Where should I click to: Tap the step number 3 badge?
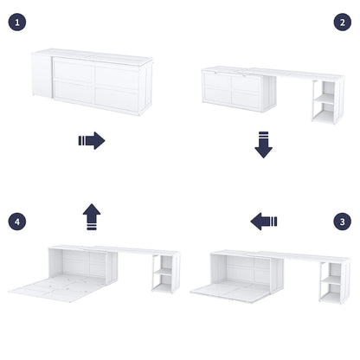pyautogui.click(x=342, y=222)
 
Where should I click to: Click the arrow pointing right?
pyautogui.click(x=91, y=140)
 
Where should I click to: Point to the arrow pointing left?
pyautogui.click(x=264, y=222)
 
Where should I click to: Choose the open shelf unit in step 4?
pyautogui.click(x=165, y=278)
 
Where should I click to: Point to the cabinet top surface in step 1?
pyautogui.click(x=95, y=54)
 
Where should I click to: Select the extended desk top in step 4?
pyautogui.click(x=138, y=251)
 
